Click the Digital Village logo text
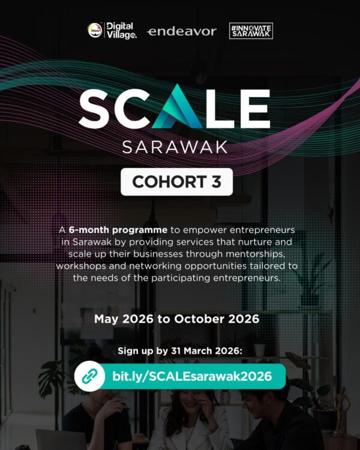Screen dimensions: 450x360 pos(121,31)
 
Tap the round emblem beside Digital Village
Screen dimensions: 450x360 pos(94,31)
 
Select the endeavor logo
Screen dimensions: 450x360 pos(182,31)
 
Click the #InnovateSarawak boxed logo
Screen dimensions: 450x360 pos(251,31)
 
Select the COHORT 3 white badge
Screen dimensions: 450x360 pos(176,181)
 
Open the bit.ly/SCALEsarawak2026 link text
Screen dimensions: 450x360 pos(192,377)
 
